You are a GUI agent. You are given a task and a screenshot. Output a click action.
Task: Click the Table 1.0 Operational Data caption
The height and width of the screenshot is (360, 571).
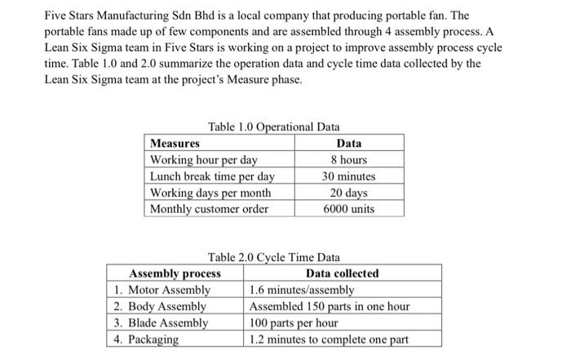point(274,127)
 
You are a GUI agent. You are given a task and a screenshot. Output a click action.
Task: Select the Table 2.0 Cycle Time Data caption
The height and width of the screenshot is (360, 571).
point(274,257)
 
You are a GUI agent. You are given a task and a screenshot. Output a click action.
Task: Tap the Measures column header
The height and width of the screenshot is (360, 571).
point(175,143)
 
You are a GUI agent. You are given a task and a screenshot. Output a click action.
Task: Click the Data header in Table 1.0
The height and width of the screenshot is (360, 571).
point(348,143)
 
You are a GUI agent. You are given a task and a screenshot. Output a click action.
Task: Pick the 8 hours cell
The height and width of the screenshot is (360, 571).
point(348,159)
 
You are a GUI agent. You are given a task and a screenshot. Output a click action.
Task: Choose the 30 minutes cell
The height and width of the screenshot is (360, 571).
point(348,176)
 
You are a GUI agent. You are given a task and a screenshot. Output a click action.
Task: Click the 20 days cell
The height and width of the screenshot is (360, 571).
point(348,193)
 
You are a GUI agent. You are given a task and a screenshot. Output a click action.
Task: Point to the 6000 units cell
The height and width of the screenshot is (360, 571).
point(348,209)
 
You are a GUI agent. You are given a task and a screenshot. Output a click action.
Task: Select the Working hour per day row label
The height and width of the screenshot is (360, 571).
point(204,159)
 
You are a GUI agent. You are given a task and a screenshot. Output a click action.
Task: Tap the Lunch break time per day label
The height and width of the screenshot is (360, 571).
point(212,176)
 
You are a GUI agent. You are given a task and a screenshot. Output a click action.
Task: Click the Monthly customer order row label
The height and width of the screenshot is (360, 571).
point(210,209)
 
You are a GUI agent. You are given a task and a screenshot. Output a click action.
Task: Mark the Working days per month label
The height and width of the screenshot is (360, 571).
point(210,193)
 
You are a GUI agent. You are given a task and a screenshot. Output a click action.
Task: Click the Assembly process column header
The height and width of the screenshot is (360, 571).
point(175,273)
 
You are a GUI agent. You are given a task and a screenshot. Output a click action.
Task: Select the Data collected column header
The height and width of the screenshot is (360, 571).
point(342,273)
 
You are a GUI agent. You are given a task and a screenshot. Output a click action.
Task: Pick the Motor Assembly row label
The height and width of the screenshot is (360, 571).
point(162,290)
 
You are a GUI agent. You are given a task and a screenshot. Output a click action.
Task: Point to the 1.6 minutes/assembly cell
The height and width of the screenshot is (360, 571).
point(302,290)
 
